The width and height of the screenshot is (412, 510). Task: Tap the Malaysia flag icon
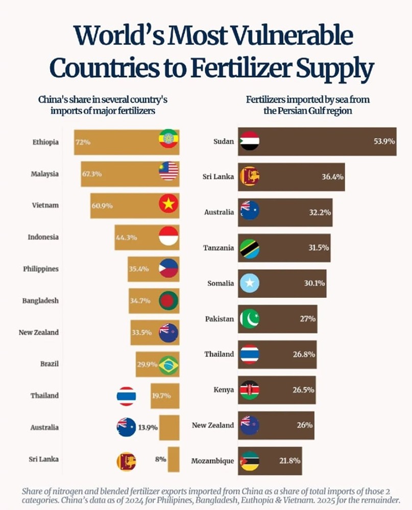tap(168, 171)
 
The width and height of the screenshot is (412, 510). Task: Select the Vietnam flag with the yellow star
tap(168, 203)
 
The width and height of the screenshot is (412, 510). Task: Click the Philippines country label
tap(41, 269)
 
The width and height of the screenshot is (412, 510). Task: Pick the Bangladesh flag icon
tap(168, 300)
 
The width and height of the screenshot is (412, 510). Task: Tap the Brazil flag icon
tap(168, 365)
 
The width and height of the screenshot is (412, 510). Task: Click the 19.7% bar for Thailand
tap(165, 396)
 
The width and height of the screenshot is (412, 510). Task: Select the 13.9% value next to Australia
tap(148, 427)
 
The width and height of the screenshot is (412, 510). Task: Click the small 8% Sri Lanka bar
tap(174, 459)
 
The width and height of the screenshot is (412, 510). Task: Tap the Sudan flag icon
tap(250, 141)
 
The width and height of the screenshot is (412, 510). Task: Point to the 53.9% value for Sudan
tap(384, 141)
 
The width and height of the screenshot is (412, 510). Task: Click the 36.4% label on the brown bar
tap(332, 176)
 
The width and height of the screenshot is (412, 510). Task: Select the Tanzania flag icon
tap(250, 248)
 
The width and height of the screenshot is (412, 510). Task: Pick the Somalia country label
tap(221, 283)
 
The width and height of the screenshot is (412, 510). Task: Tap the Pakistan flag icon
tap(250, 319)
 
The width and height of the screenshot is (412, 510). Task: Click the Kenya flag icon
tap(250, 390)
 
